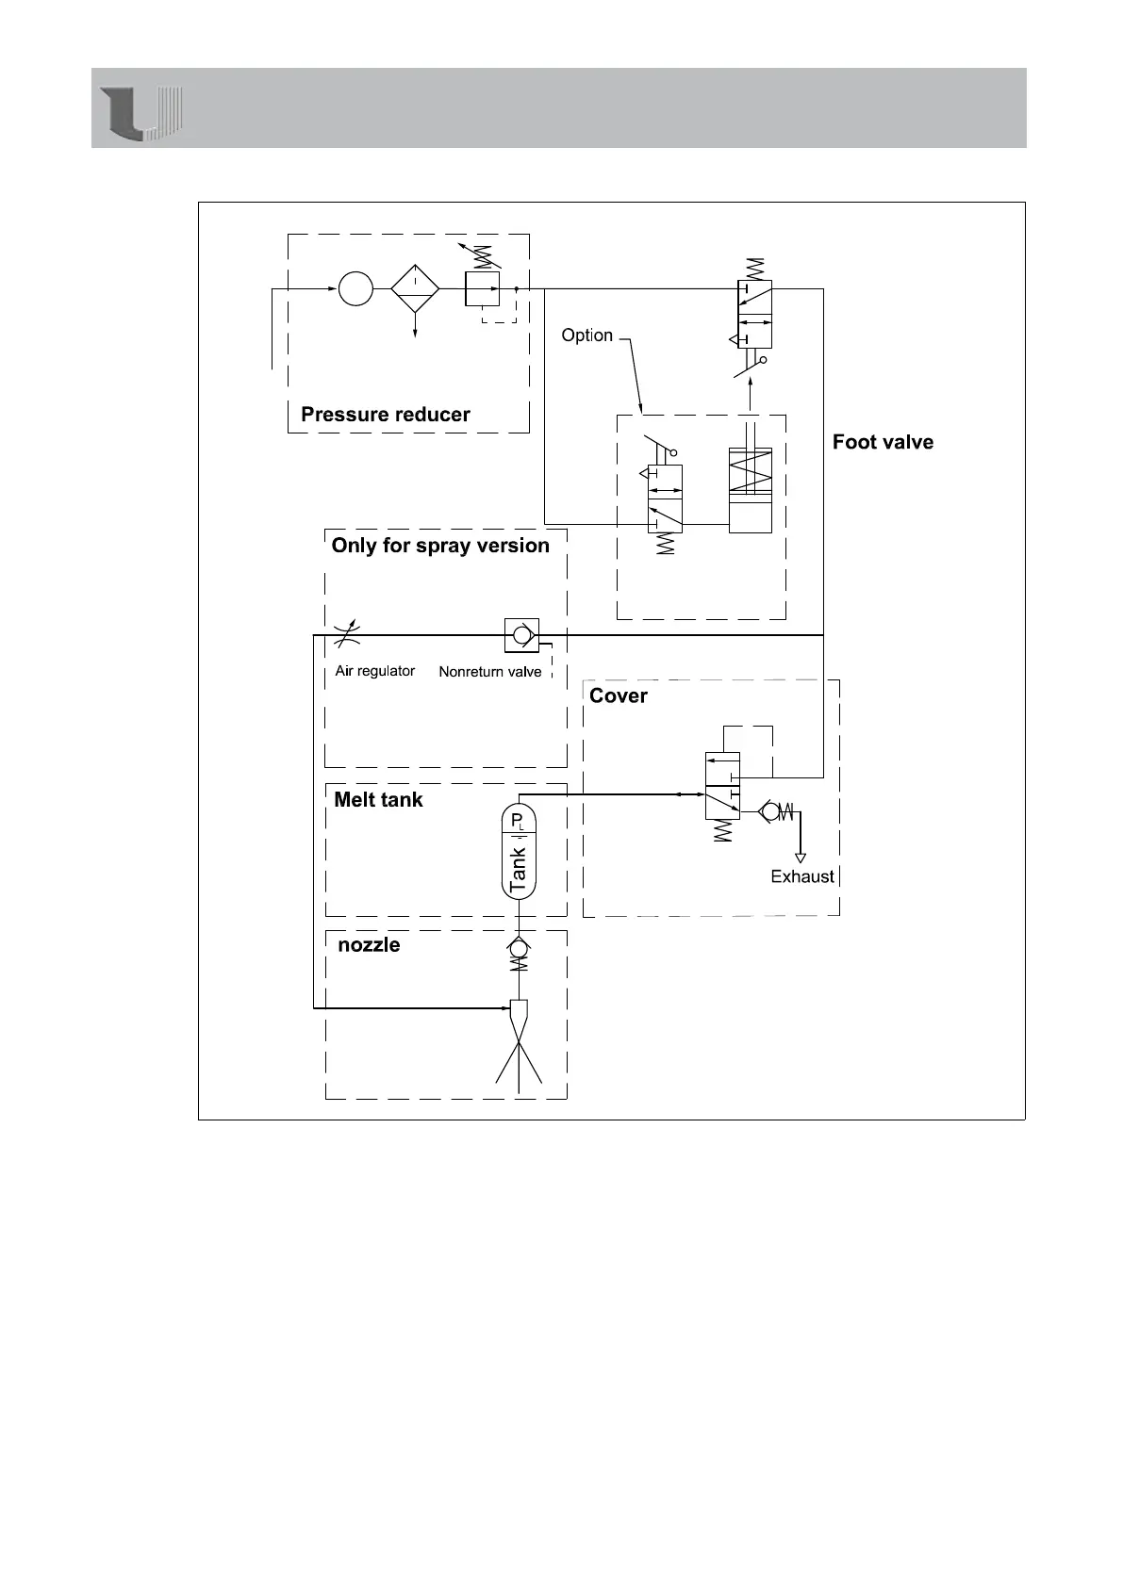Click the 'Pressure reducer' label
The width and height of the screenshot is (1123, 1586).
pos(385,415)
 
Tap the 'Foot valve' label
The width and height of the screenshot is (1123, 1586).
pos(883,442)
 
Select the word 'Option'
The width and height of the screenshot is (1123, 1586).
pos(586,335)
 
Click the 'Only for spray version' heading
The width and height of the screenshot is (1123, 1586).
pos(440,546)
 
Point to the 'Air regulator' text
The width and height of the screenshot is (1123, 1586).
pos(374,671)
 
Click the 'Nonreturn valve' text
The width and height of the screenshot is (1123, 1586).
pos(490,672)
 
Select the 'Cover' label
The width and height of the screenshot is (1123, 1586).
pos(618,695)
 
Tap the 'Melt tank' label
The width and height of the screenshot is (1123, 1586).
pos(378,800)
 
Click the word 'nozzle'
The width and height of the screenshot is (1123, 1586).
pos(369,945)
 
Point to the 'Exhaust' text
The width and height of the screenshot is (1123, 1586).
pos(802,876)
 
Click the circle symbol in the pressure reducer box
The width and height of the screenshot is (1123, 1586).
pos(355,288)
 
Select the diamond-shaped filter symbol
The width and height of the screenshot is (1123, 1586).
pos(415,289)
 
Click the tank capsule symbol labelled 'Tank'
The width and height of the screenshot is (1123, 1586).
pos(518,853)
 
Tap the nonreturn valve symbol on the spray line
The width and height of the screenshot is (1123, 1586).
pos(520,635)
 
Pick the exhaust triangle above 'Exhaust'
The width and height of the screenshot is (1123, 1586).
pos(801,858)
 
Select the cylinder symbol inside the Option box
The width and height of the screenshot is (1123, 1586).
pos(750,490)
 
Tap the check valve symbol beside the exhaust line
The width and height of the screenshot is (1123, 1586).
pos(775,810)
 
